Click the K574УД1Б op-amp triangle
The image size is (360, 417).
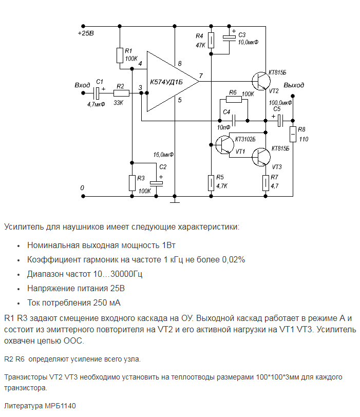click(169, 82)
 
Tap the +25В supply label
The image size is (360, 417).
click(86, 33)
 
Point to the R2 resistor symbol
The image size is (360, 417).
click(121, 93)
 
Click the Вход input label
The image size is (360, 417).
click(82, 85)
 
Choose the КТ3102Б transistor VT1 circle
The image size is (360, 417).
click(224, 145)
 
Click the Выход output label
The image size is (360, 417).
click(294, 85)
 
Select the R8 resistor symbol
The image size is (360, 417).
click(293, 135)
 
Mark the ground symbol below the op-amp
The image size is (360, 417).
click(175, 201)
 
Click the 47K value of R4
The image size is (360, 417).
click(200, 45)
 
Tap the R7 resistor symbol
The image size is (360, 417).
click(266, 182)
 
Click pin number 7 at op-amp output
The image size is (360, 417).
click(201, 75)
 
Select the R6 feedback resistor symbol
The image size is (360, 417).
click(233, 100)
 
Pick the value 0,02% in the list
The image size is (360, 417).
click(233, 259)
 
